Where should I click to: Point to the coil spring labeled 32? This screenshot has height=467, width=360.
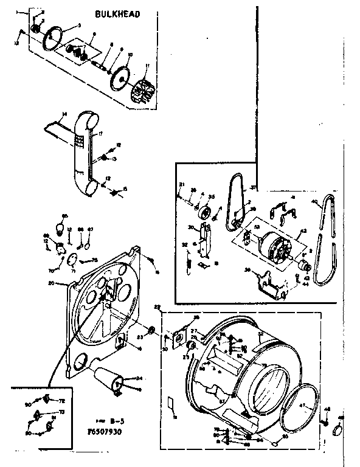(x=189, y=263)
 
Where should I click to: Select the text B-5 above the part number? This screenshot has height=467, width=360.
(x=113, y=419)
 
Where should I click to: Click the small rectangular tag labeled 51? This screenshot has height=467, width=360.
(x=171, y=404)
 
